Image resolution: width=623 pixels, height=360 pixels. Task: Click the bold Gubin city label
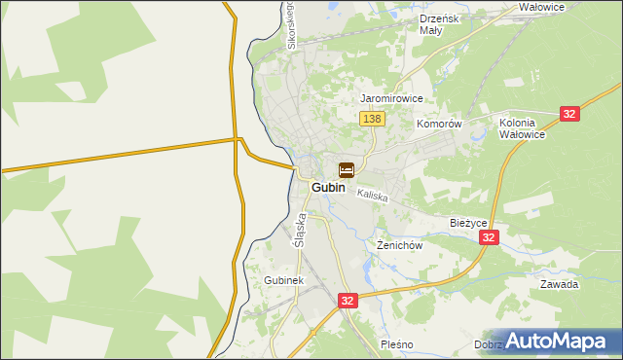pos(329,187)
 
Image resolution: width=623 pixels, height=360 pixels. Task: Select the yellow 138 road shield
pos(372,119)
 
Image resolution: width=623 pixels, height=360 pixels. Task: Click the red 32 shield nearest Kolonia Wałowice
pos(570,114)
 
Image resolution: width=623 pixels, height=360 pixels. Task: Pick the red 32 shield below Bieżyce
pos(490,237)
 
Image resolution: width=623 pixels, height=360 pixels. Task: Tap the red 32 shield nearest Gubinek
pos(348,302)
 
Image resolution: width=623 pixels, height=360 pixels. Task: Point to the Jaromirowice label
pos(391,99)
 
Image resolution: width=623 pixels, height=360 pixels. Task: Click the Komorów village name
pos(438,125)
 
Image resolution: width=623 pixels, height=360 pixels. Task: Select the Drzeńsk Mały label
pos(438,24)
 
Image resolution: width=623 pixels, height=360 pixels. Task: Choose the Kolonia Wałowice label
pos(522,128)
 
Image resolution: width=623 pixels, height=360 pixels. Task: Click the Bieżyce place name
pos(468,222)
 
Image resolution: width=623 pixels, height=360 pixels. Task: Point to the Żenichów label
pos(399,246)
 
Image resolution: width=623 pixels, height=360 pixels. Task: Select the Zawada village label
pos(560,285)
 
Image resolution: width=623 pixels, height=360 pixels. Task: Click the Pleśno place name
pos(397,344)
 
